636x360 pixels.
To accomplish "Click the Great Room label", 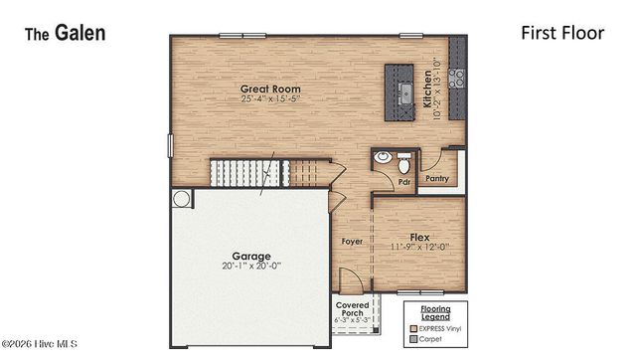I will click(270, 89).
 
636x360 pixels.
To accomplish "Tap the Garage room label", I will click(251, 256).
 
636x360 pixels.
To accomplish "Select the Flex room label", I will click(419, 237).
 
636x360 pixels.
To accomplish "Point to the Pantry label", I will click(437, 179).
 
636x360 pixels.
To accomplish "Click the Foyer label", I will click(352, 241).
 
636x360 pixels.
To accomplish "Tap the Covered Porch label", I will click(353, 307).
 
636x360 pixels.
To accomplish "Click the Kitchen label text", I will click(429, 89).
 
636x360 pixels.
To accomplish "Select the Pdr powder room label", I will click(404, 182).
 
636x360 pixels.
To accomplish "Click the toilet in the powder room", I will click(402, 160).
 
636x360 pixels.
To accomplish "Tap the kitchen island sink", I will click(404, 93).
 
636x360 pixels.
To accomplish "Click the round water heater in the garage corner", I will click(181, 199).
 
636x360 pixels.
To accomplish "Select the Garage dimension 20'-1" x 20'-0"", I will click(251, 267).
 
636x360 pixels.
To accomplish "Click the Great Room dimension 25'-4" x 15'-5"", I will click(270, 99).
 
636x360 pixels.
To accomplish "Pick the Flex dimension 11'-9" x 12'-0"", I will click(419, 248).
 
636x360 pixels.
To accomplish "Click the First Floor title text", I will click(562, 33).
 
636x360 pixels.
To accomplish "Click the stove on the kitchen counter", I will click(457, 77).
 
